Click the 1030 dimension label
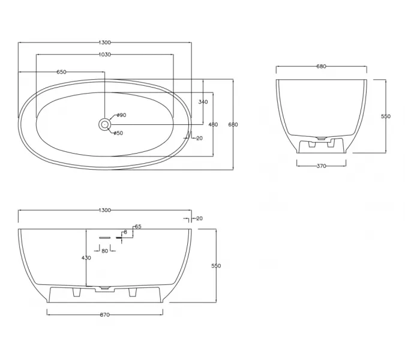(x=105, y=55)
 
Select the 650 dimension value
(x=61, y=72)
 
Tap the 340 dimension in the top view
(x=203, y=102)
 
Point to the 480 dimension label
(x=213, y=124)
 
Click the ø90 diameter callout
(x=121, y=115)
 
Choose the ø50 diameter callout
(x=118, y=133)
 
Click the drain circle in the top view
(x=104, y=124)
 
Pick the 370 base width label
(x=322, y=166)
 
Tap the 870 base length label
(x=105, y=315)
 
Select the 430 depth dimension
(x=86, y=258)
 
